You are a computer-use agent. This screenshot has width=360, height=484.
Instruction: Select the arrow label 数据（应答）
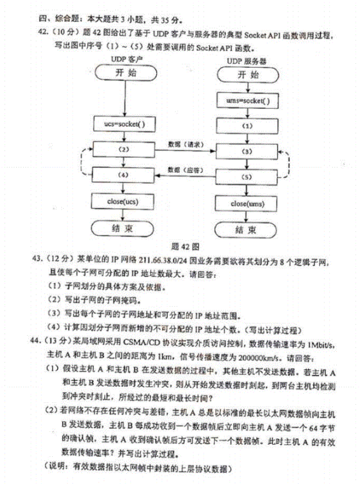pos(185,169)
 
